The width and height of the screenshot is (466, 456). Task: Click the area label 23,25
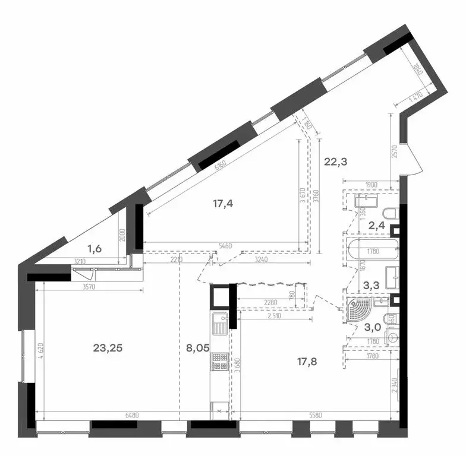(108, 349)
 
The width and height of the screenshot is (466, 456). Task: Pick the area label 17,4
(223, 204)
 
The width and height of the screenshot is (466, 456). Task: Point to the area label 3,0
(373, 327)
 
